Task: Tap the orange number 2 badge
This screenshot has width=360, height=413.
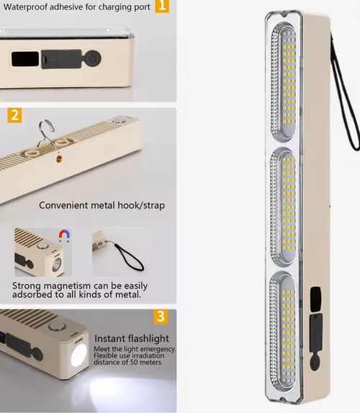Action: (15, 115)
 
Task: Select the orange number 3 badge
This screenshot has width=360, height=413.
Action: (161, 317)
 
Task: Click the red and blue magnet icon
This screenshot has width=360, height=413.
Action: (63, 236)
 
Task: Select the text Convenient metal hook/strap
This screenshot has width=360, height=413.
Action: (102, 205)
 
